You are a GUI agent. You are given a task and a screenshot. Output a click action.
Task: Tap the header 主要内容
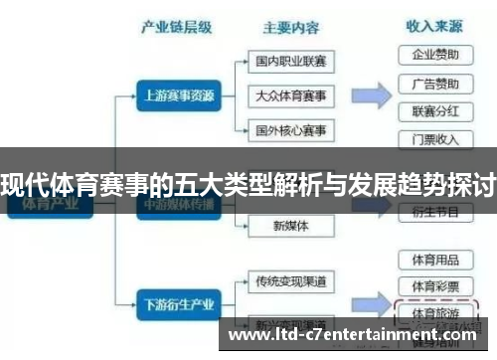[x=291, y=28]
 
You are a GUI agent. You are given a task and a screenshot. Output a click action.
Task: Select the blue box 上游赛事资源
[x=176, y=96]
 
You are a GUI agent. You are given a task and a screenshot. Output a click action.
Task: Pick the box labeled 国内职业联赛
[x=290, y=62]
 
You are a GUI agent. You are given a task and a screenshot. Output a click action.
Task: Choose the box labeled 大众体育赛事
[x=290, y=96]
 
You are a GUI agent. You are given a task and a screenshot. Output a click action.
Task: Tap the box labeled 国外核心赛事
[x=290, y=130]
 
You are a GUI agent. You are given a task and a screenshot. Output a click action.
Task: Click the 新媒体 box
[x=290, y=226]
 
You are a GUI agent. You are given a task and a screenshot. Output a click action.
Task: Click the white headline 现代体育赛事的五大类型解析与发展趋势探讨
[x=248, y=184]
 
